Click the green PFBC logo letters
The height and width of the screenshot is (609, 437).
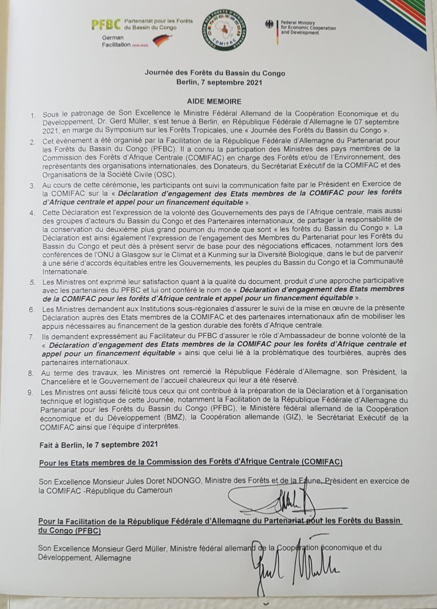pyautogui.click(x=106, y=25)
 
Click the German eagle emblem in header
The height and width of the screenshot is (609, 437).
pyautogui.click(x=269, y=24)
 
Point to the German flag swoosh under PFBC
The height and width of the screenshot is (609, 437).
pyautogui.click(x=162, y=41)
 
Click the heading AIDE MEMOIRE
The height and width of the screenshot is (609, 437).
pyautogui.click(x=214, y=101)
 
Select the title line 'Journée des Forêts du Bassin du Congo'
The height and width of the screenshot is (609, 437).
pyautogui.click(x=215, y=73)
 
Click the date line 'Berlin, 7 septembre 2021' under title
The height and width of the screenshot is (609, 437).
pyautogui.click(x=219, y=82)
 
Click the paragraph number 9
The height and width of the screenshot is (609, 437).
pyautogui.click(x=30, y=393)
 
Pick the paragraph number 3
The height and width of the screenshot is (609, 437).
pyautogui.click(x=32, y=185)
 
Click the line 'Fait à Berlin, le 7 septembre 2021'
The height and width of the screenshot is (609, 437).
pyautogui.click(x=99, y=444)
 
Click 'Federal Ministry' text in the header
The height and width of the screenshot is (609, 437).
pyautogui.click(x=298, y=23)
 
